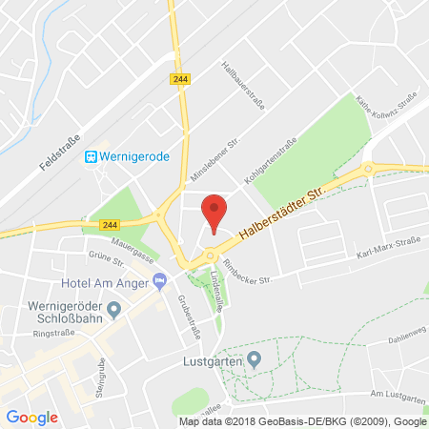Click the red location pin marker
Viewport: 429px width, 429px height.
(216, 210)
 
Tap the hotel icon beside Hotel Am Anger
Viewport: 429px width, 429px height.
(159, 279)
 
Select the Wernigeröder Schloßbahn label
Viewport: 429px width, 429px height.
(53, 309)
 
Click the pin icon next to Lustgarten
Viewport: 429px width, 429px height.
(254, 358)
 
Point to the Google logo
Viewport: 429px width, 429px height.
(32, 417)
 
